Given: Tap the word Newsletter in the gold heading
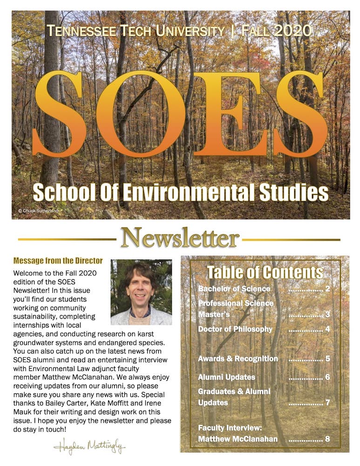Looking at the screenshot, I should pos(180,239).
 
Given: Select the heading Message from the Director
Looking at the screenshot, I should pos(58,261).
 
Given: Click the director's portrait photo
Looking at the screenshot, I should pos(141,292).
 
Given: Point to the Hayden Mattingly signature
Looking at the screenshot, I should pos(89,448).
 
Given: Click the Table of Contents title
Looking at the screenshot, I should pos(265,272).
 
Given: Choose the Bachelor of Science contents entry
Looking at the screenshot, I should pos(234,289).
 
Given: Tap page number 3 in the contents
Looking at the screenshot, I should pos(328,315).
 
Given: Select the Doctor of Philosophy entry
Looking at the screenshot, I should pos(235,329).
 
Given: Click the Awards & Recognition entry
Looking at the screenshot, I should pos(238,359).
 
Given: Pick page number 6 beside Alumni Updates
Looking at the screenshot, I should pos(328,377).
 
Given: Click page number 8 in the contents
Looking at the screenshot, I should pos(328,439).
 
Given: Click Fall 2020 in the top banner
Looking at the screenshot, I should pos(277,31).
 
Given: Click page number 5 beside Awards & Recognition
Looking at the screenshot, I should pos(328,359).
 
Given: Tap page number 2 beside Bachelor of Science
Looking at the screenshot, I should pos(328,289).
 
